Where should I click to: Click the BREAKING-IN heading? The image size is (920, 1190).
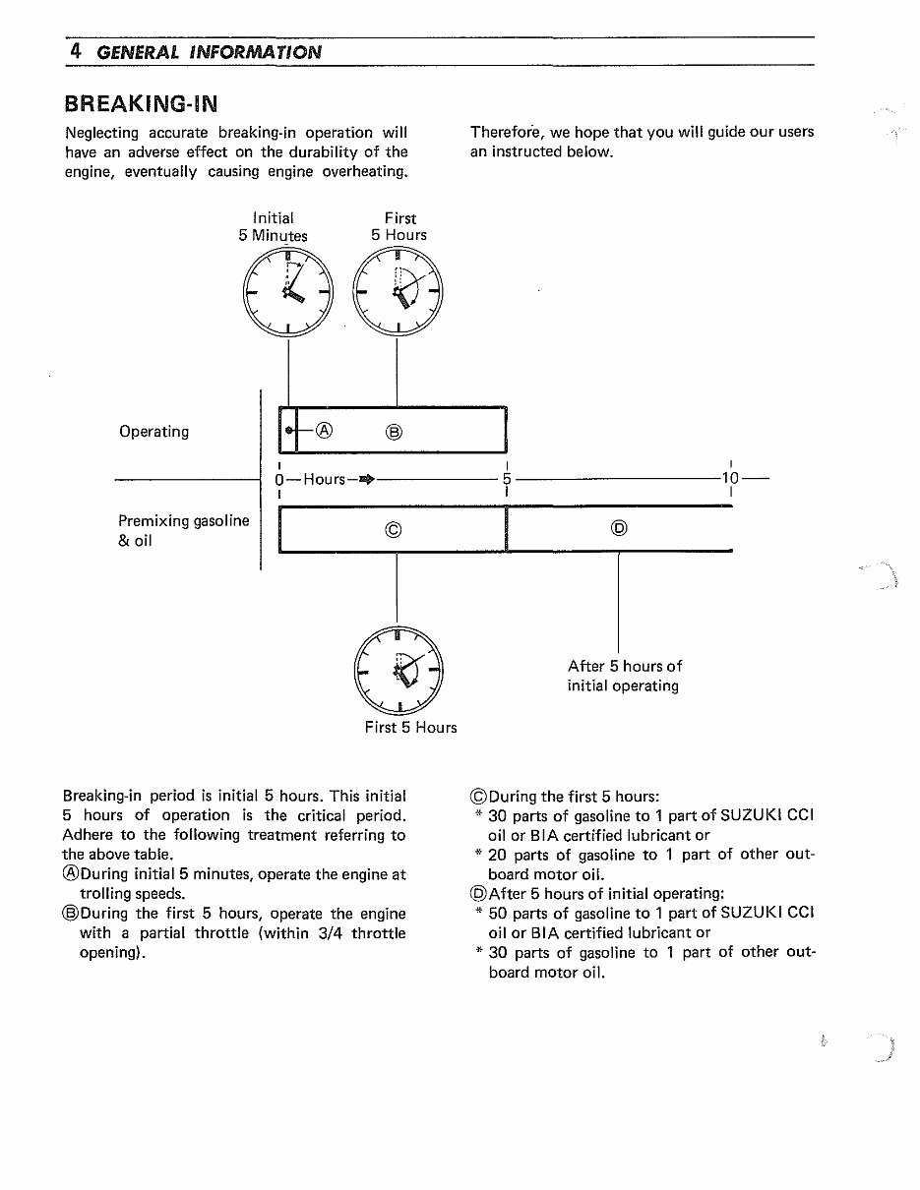pyautogui.click(x=141, y=103)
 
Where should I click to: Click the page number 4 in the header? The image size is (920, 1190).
pyautogui.click(x=75, y=50)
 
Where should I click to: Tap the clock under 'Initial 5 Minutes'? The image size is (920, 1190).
pyautogui.click(x=287, y=293)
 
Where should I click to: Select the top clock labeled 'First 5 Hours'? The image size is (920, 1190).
pyautogui.click(x=398, y=293)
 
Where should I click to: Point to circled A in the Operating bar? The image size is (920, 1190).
pyautogui.click(x=326, y=430)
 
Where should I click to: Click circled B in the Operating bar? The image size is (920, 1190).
pyautogui.click(x=394, y=431)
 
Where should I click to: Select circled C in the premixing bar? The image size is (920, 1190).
pyautogui.click(x=393, y=530)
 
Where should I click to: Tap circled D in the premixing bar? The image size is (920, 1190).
pyautogui.click(x=618, y=529)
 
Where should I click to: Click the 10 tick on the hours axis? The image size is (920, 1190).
pyautogui.click(x=729, y=479)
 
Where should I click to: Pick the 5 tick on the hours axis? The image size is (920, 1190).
pyautogui.click(x=507, y=479)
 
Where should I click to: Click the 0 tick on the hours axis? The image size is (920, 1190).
pyautogui.click(x=279, y=479)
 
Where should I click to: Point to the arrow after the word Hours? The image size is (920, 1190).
pyautogui.click(x=367, y=479)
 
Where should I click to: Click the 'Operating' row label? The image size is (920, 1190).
pyautogui.click(x=153, y=432)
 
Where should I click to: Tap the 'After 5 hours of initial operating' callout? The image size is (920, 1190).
pyautogui.click(x=624, y=676)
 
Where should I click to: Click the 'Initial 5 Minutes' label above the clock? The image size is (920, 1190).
pyautogui.click(x=273, y=226)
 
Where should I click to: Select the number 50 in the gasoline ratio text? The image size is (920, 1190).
pyautogui.click(x=498, y=913)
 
